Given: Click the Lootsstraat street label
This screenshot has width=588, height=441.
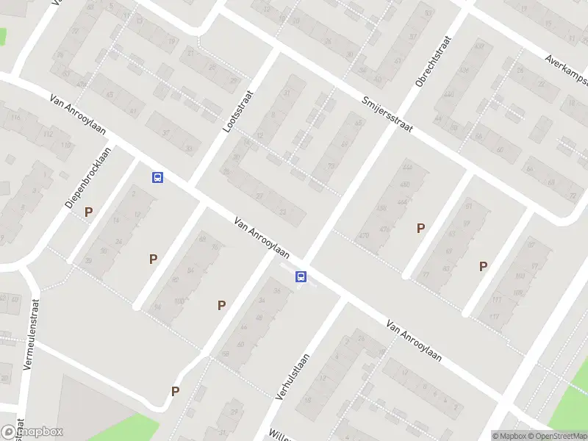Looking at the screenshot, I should (x=237, y=110).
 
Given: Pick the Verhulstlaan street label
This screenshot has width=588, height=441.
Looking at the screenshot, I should (x=292, y=375).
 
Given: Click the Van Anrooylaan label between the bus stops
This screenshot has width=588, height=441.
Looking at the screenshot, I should (x=262, y=237).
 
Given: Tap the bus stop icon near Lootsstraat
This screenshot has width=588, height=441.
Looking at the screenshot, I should (x=157, y=177).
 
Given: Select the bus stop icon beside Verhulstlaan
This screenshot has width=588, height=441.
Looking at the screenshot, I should (x=301, y=276).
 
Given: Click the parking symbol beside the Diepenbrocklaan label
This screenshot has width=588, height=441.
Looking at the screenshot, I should (x=88, y=212).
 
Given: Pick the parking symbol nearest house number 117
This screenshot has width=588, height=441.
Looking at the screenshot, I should (x=483, y=266).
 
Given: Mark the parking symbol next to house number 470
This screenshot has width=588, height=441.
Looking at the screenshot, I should (x=420, y=229).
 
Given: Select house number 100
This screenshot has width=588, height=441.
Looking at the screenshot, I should (x=179, y=301).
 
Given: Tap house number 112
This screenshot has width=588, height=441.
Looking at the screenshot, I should (x=49, y=135).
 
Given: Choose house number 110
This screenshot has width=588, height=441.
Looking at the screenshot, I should (x=66, y=145).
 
